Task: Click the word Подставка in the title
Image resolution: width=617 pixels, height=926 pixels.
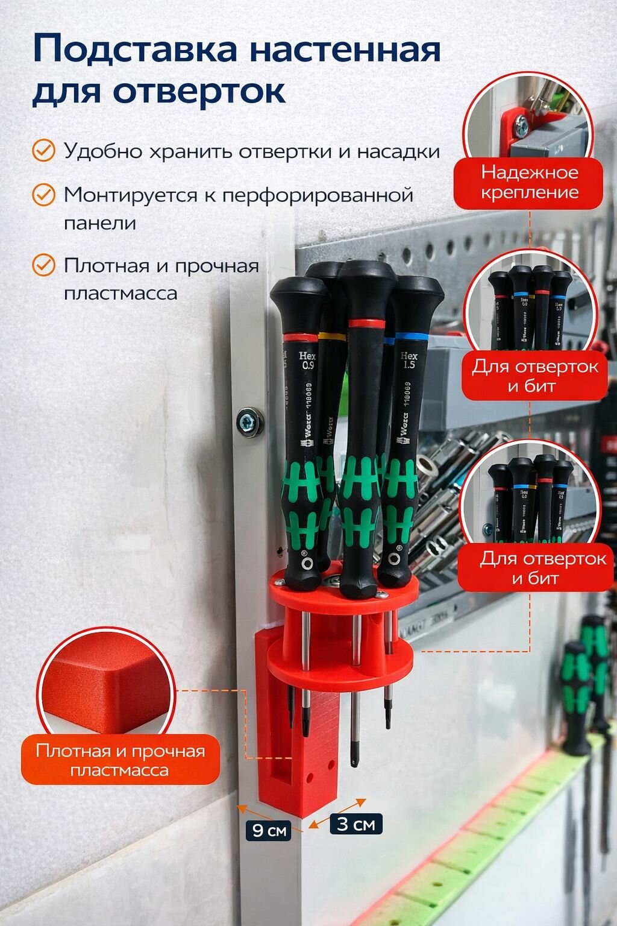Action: [136, 49]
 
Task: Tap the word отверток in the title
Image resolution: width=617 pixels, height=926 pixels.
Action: [199, 92]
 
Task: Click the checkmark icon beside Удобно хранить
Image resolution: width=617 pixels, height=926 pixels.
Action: [43, 151]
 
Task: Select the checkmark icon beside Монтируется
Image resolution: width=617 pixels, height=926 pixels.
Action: [43, 195]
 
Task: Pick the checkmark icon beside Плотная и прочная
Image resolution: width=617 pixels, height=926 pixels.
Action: [43, 265]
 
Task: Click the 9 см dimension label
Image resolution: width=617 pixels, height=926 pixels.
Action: [269, 830]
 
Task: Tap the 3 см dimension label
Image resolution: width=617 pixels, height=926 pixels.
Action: [356, 824]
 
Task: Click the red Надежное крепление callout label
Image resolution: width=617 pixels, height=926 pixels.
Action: [529, 182]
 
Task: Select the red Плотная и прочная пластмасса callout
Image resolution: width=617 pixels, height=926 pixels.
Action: [120, 760]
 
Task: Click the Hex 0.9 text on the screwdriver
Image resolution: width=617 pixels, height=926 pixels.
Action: [307, 361]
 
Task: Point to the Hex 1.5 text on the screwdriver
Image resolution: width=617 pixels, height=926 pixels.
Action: [409, 361]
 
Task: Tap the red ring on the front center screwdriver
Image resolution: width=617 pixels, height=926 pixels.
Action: [366, 324]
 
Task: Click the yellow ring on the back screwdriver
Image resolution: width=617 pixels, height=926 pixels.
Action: [331, 335]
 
